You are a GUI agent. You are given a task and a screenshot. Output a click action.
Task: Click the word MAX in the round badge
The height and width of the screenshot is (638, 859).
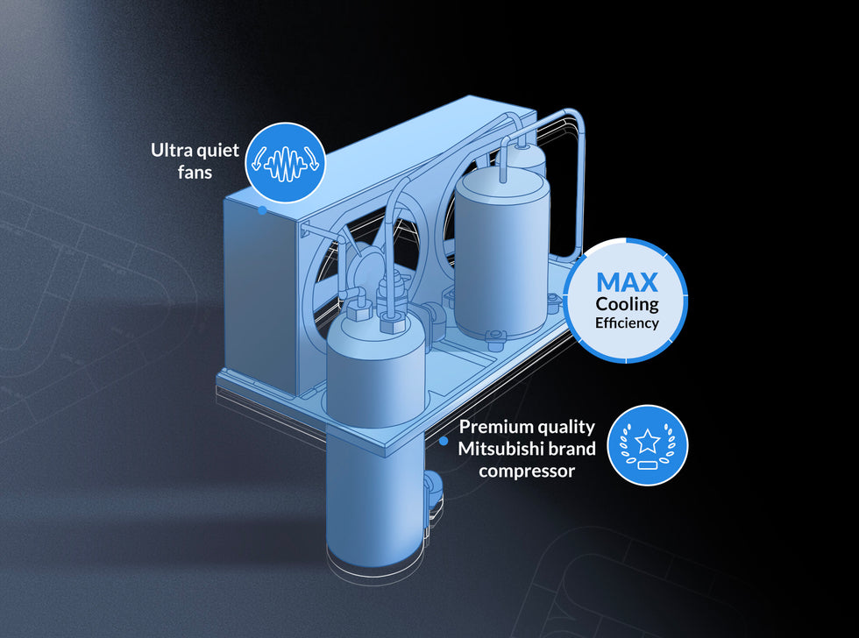click(627, 282)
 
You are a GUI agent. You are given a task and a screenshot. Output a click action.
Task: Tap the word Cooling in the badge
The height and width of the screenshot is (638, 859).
click(628, 305)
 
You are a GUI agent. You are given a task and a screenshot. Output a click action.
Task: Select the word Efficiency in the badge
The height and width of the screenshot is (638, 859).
click(628, 323)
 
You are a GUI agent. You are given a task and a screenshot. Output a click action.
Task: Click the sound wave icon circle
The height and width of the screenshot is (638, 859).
click(285, 163)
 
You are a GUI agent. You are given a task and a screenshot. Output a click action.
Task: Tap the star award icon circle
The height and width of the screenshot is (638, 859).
click(648, 445)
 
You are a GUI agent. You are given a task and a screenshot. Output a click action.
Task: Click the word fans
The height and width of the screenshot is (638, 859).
click(195, 172)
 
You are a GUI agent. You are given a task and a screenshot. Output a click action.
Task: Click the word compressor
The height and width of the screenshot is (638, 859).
click(527, 471)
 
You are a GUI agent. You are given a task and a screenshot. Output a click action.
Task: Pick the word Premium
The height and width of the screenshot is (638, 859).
click(489, 426)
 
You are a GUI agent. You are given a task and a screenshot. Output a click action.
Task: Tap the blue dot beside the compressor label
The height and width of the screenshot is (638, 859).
click(444, 441)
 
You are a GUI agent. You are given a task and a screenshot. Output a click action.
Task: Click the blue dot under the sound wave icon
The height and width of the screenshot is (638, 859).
click(262, 210)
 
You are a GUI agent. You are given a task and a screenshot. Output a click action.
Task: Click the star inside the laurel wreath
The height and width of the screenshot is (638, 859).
click(648, 441)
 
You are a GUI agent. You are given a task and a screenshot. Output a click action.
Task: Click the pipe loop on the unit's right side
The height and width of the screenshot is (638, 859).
click(579, 181)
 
